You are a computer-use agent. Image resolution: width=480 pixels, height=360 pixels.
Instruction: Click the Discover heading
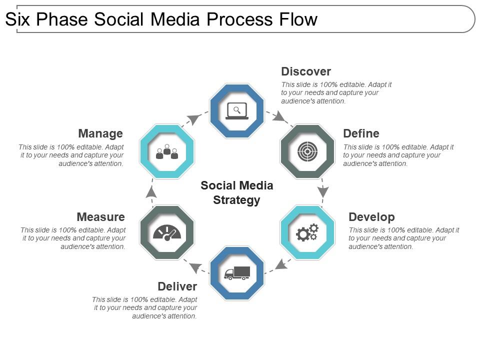(x=306, y=71)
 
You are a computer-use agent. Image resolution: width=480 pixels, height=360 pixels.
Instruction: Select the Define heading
(x=361, y=133)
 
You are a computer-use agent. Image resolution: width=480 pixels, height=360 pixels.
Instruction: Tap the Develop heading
(x=371, y=217)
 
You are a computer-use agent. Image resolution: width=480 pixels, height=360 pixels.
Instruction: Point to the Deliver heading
(x=177, y=286)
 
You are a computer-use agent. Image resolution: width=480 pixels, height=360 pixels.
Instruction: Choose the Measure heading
(x=100, y=217)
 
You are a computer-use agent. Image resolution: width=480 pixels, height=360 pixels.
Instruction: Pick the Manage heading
(x=100, y=133)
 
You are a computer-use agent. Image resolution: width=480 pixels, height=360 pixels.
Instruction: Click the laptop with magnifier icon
(x=237, y=110)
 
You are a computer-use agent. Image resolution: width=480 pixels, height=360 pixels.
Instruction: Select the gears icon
(x=307, y=232)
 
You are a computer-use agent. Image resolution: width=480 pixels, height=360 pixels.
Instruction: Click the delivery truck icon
(x=237, y=273)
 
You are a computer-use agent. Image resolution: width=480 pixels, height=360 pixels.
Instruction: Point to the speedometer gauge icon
(x=167, y=232)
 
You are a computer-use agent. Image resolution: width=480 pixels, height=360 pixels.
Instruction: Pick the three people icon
(x=167, y=152)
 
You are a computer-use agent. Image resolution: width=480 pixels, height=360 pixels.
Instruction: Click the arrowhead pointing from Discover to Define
(x=280, y=118)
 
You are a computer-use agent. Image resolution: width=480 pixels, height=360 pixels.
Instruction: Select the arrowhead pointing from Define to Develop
(x=323, y=191)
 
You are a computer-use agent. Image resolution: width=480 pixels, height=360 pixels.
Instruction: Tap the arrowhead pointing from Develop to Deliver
(x=281, y=264)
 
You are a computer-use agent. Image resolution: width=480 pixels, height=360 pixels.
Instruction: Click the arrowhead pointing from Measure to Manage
(x=151, y=192)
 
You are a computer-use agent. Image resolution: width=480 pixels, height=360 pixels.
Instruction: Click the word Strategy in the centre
(x=237, y=200)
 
